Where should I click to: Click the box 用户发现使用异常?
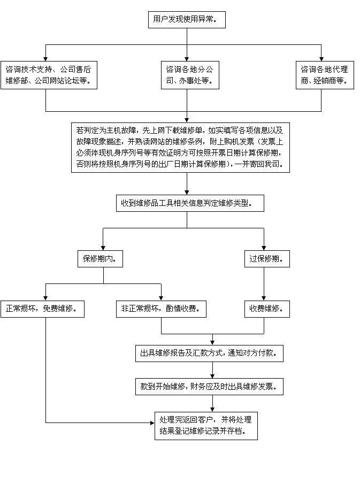pyautogui.click(x=186, y=20)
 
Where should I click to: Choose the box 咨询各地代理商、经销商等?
pyautogui.click(x=324, y=75)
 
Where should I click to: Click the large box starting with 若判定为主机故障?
pyautogui.click(x=180, y=148)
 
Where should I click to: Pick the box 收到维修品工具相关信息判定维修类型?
pyautogui.click(x=190, y=203)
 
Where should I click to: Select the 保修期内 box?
pyautogui.click(x=100, y=259)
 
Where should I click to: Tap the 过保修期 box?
pyautogui.click(x=266, y=259)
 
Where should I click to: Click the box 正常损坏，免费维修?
pyautogui.click(x=42, y=309)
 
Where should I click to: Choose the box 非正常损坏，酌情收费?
pyautogui.click(x=161, y=309)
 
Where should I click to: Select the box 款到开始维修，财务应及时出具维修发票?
pyautogui.click(x=209, y=387)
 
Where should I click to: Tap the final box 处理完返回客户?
pyautogui.click(x=205, y=426)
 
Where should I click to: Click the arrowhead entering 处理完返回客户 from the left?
pyautogui.click(x=151, y=422)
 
